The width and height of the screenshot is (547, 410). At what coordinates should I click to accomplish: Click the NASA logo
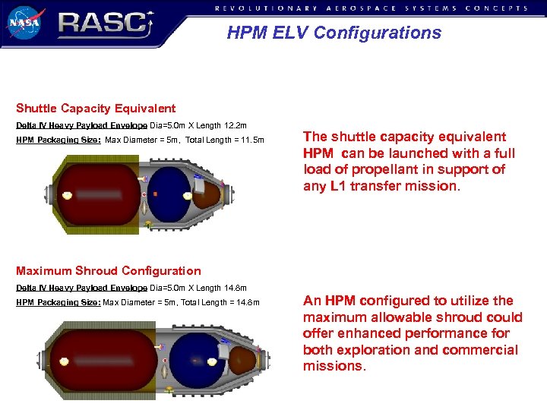pyautogui.click(x=24, y=21)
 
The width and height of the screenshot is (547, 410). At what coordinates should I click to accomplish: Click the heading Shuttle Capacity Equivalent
pyautogui.click(x=96, y=109)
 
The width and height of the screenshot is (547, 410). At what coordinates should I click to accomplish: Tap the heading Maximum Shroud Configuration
pyautogui.click(x=109, y=271)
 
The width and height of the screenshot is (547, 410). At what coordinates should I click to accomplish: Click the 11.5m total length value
pyautogui.click(x=251, y=140)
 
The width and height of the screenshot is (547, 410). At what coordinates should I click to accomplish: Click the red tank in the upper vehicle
pyautogui.click(x=98, y=195)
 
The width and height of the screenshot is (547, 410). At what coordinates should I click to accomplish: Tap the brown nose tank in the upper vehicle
pyautogui.click(x=207, y=195)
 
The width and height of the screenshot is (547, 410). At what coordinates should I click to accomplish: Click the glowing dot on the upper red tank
pyautogui.click(x=67, y=195)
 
